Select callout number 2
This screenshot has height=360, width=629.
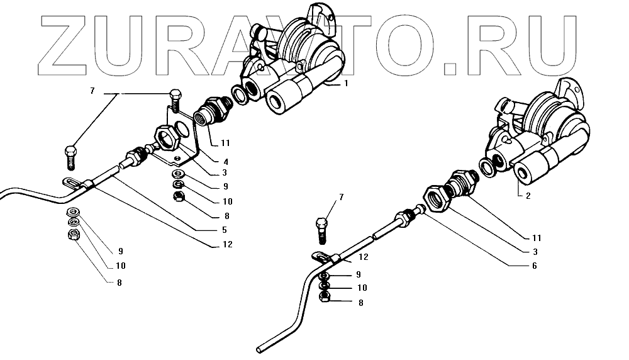[528, 196]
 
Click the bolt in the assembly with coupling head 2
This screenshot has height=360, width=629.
[323, 229]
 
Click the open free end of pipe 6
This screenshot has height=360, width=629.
[260, 347]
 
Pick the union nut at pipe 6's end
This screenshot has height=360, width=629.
[403, 220]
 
